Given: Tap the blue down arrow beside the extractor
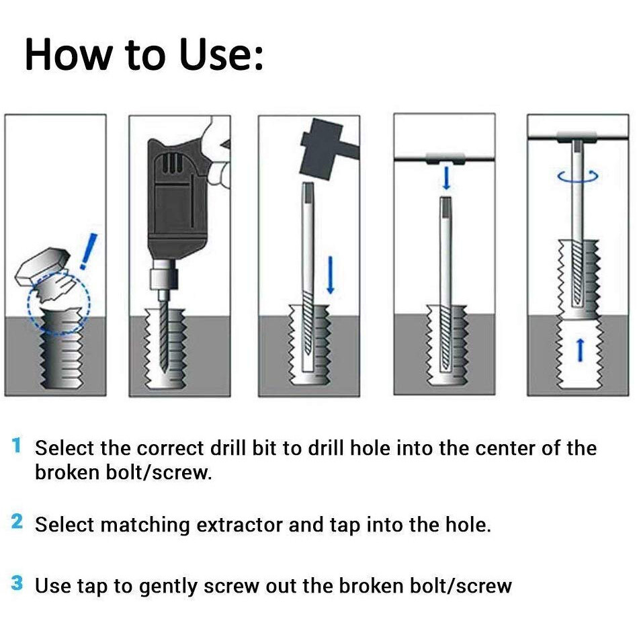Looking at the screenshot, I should (x=330, y=275).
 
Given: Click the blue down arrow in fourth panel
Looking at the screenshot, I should (x=445, y=179).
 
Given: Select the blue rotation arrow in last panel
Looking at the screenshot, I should (x=579, y=176).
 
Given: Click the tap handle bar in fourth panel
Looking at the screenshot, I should (x=444, y=159).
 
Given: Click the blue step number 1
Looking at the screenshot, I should (x=17, y=446).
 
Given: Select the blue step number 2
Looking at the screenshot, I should (x=17, y=522).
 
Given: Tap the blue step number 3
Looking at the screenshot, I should (x=17, y=583).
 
